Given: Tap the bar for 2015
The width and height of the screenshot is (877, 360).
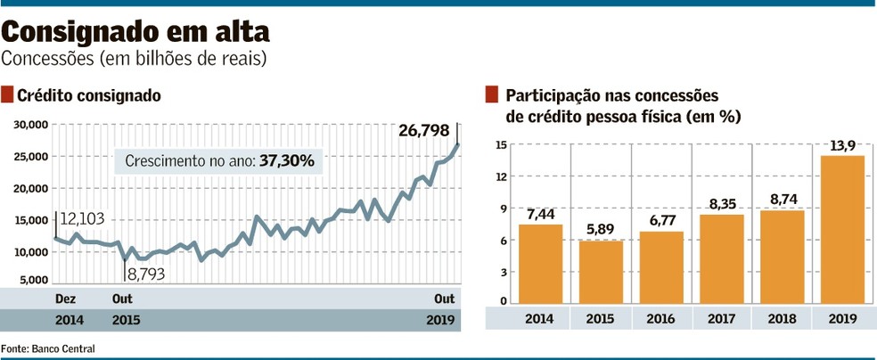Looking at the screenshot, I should [602, 272].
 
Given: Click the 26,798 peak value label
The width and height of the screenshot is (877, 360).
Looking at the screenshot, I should [423, 131].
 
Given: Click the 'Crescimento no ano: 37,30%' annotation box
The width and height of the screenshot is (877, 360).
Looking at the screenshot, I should [219, 162].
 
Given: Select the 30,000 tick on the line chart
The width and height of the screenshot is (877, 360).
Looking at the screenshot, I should [31, 126].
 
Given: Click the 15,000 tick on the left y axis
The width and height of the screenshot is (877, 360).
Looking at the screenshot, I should [31, 221].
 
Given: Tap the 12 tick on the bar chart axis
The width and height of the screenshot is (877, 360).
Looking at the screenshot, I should [501, 176].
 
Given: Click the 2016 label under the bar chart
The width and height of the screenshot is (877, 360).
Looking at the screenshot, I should [660, 319].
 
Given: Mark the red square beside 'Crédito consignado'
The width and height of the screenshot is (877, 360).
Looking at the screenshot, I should [7, 94].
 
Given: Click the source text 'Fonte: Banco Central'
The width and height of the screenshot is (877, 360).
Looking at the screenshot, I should [47, 348].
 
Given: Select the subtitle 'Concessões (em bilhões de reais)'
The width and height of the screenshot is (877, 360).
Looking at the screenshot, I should [134, 60].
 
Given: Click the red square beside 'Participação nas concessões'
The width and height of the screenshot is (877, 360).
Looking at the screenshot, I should [491, 95].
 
